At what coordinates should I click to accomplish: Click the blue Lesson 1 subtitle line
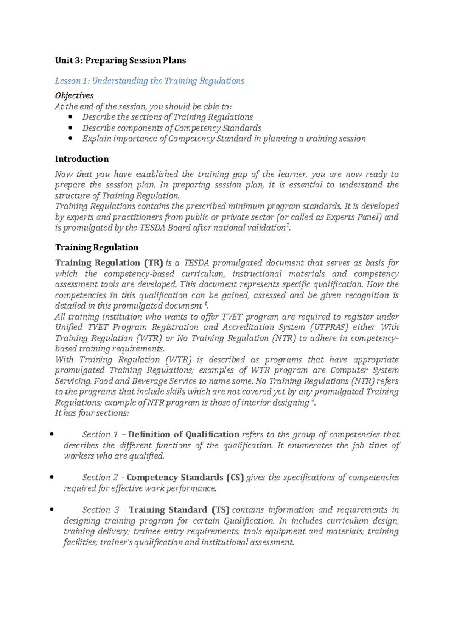point(149,81)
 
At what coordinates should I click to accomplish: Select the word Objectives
point(74,95)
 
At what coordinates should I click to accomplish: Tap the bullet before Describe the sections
point(70,117)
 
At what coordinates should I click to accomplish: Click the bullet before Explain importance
point(70,139)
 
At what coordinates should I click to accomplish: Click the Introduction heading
point(82,159)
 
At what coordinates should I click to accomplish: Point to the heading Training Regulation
point(96,247)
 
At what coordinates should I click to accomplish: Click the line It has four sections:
point(92,413)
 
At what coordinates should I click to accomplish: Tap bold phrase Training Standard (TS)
point(179,510)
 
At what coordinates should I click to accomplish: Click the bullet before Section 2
point(51,478)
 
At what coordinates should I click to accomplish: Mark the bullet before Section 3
point(51,510)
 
